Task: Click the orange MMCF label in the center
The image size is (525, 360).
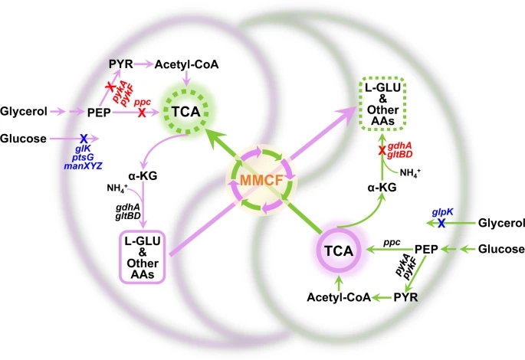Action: [x=262, y=182]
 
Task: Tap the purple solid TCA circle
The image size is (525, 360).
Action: [x=337, y=250]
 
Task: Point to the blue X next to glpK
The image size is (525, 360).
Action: [x=441, y=223]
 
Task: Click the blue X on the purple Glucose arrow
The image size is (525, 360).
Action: [x=84, y=138]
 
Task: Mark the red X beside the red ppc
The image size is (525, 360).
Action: [x=142, y=112]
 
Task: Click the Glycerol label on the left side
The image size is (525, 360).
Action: [x=23, y=112]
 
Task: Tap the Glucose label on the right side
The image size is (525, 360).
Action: [x=501, y=249]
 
